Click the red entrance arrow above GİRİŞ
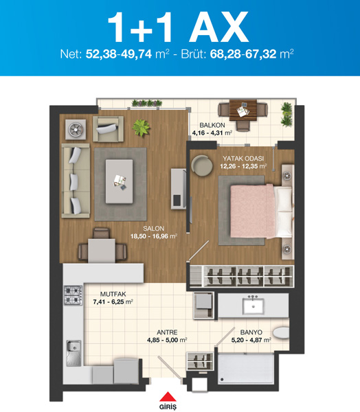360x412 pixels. (x=168, y=397)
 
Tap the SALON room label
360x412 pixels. (x=154, y=229)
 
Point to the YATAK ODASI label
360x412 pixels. (x=243, y=159)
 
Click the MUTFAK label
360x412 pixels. (x=113, y=294)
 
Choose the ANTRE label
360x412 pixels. (x=167, y=332)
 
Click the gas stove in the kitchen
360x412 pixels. (x=73, y=295)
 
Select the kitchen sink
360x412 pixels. (x=74, y=353)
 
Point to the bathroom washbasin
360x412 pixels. (x=253, y=305)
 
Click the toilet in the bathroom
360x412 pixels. (x=281, y=332)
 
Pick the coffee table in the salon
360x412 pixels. (x=119, y=181)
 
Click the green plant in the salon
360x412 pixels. (x=141, y=128)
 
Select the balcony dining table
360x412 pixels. (x=243, y=110)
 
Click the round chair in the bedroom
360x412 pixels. (x=202, y=165)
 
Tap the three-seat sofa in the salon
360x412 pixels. (x=76, y=181)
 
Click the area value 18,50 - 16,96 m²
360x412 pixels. (x=154, y=236)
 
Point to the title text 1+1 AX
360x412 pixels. (x=178, y=27)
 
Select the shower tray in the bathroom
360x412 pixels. (x=246, y=368)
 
